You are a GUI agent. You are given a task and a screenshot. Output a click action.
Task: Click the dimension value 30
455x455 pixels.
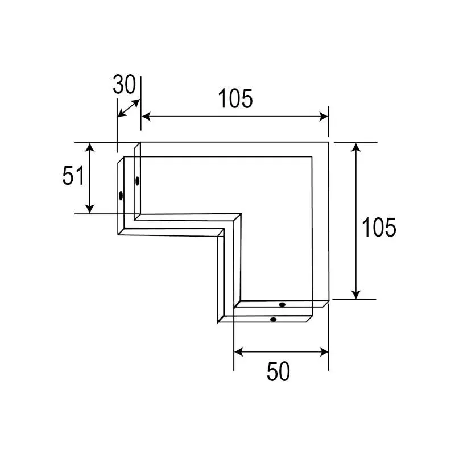tap(125, 85)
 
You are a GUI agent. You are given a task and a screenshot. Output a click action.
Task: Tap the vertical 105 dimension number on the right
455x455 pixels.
tap(379, 227)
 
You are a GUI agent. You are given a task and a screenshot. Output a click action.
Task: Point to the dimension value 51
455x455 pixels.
tap(73, 176)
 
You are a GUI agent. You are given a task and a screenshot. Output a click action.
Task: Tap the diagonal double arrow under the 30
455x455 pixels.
tap(128, 109)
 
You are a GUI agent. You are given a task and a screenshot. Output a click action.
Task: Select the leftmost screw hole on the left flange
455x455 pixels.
tap(121, 195)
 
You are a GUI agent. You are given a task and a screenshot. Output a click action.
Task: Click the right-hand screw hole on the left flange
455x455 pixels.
tap(137, 181)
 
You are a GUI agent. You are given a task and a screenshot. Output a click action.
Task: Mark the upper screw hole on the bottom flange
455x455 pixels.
tap(282, 305)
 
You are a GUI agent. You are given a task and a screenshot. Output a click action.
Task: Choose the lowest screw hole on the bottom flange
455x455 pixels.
tap(274, 320)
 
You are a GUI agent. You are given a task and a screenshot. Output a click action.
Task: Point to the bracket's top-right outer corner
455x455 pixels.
tap(329, 142)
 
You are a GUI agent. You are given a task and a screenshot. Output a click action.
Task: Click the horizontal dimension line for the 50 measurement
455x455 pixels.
tap(281, 352)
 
